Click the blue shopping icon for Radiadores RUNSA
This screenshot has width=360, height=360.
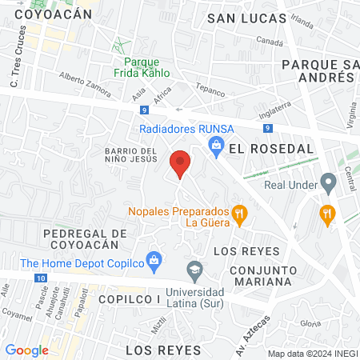point(215,144)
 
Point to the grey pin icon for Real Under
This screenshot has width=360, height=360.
point(327,181)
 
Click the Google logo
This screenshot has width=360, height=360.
point(26,350)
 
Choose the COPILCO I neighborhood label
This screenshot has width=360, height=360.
point(130,298)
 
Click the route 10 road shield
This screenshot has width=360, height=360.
point(41,278)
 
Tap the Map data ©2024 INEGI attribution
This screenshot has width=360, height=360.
point(311,353)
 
